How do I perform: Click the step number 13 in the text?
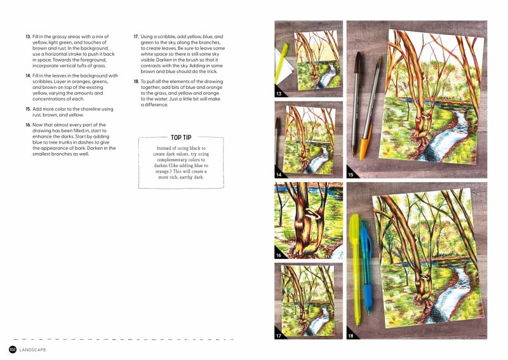click(x=28, y=37)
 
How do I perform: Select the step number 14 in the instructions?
click(x=28, y=76)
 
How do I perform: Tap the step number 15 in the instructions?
click(x=28, y=109)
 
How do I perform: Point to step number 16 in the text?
click(x=28, y=125)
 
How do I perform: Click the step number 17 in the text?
click(x=136, y=37)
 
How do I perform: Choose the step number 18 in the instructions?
click(x=136, y=82)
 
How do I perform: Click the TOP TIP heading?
click(x=181, y=137)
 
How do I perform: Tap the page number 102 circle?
click(x=13, y=350)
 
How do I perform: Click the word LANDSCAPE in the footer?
click(x=33, y=350)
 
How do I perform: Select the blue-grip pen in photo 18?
click(x=366, y=268)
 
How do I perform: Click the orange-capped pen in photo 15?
click(x=370, y=108)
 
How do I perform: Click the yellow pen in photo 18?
click(x=355, y=270)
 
